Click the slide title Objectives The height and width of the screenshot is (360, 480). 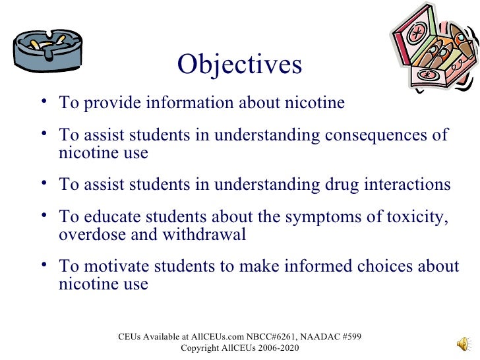(239, 65)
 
